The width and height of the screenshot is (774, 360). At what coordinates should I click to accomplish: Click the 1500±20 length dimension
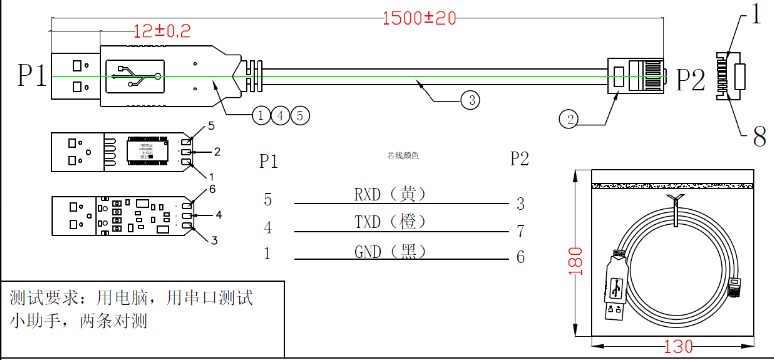click(x=419, y=19)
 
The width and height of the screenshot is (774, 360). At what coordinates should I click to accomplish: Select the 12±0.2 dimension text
click(x=162, y=32)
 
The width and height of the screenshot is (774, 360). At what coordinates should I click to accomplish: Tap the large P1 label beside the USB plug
click(x=32, y=76)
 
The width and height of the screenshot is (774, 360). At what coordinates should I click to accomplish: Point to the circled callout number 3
click(x=470, y=101)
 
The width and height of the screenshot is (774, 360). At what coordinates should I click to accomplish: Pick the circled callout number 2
click(x=570, y=119)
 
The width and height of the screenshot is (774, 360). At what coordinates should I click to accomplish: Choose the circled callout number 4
click(x=280, y=116)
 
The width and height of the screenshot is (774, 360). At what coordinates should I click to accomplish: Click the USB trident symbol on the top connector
click(x=135, y=76)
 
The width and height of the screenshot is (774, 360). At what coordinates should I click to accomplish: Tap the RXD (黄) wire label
click(x=390, y=194)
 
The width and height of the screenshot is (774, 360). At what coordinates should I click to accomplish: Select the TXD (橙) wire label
click(x=390, y=222)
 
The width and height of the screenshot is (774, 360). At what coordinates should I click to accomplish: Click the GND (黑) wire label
click(x=390, y=251)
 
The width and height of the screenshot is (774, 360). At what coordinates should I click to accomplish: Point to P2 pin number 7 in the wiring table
click(x=520, y=231)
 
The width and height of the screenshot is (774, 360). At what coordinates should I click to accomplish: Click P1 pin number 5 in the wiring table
click(x=268, y=200)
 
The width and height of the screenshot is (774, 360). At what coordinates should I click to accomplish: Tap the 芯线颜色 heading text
click(x=403, y=156)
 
